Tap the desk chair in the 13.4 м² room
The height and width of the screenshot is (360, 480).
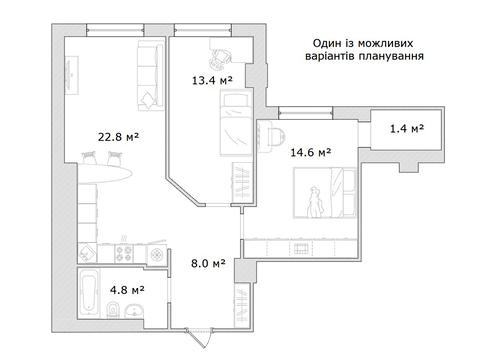[x=224, y=52]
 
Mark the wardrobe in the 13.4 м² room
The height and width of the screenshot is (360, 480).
[x=242, y=184]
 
